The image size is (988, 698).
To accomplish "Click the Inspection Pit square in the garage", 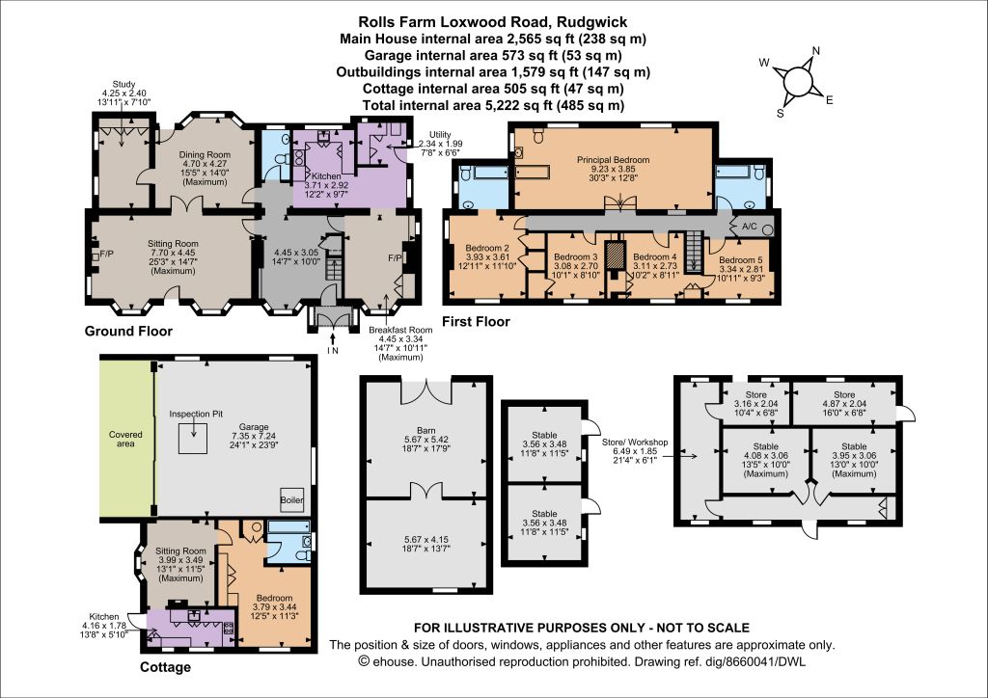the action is pos(193,438).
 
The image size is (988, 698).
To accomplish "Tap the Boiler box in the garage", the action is pos(291,499).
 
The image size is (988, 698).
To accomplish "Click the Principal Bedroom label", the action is pos(613,160).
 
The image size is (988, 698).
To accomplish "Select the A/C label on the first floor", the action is pos(750,227).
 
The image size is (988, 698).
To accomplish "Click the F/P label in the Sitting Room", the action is pos(106,255).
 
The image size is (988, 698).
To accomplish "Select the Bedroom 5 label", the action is pos(740,260).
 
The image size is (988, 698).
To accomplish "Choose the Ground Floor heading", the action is pos(128,331).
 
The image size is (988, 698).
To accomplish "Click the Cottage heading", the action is pos(165,667).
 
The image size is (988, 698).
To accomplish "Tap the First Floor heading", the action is pos(476,322).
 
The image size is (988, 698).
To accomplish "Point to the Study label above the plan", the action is pos(124,84).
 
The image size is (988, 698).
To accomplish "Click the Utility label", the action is pos(440,135).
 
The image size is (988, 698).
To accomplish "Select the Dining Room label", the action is pos(205,155).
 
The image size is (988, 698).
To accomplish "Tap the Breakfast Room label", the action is pos(400,330).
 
